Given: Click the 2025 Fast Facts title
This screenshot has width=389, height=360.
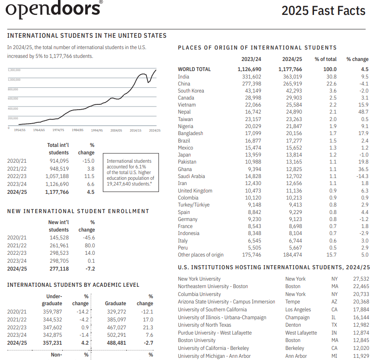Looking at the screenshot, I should (x=323, y=10).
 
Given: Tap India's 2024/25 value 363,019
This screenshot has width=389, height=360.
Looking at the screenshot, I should (x=290, y=76).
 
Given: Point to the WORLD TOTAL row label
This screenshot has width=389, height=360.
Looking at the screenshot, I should (x=194, y=69).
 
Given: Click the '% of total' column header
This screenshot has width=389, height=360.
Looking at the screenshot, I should (x=325, y=59).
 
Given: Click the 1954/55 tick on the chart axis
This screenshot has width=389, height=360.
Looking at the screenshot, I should (x=20, y=130).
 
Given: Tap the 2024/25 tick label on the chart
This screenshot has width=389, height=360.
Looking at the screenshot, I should (x=155, y=130).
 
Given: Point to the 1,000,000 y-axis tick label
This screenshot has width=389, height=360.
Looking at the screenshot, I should (x=14, y=79).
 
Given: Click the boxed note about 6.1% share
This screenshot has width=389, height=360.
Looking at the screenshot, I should (x=130, y=172).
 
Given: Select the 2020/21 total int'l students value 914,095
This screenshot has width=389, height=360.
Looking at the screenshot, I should (x=57, y=161).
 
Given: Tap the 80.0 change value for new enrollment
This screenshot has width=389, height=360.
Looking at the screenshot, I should (x=90, y=245).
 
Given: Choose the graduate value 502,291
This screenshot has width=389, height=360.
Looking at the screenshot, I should (x=115, y=335).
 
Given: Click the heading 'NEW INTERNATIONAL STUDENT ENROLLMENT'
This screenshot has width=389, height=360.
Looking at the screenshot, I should (x=78, y=211).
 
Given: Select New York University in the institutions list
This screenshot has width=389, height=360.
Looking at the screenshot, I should (x=199, y=279).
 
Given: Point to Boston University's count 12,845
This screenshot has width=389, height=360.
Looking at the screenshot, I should (x=361, y=340).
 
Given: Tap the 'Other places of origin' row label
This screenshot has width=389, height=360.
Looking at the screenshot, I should (x=200, y=255).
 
